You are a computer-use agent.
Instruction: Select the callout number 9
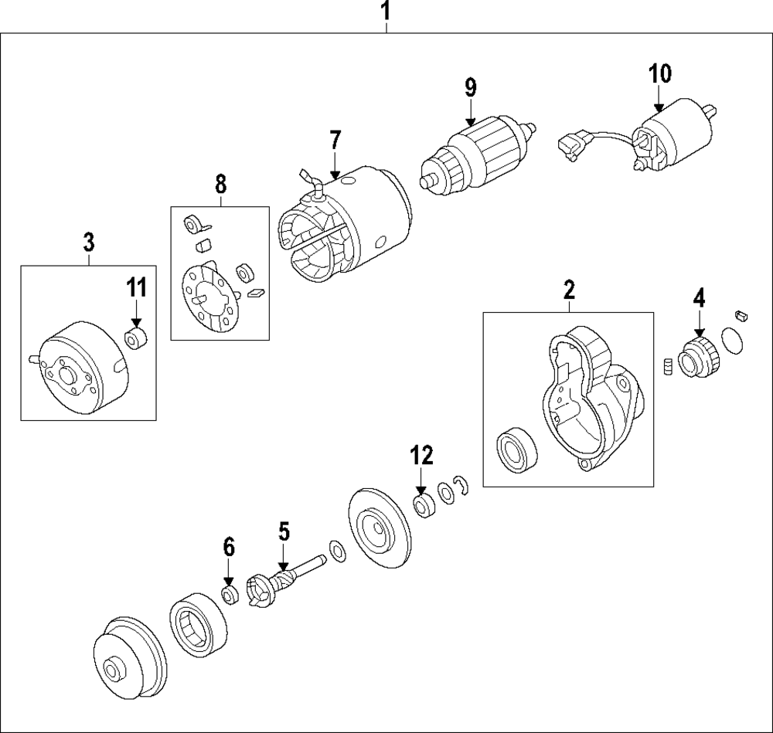pos(471,87)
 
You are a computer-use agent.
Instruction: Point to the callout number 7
pos(335,141)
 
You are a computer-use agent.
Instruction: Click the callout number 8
pos(220,184)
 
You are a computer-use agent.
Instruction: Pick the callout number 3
pos(89,243)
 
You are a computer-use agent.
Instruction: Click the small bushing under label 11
pos(136,338)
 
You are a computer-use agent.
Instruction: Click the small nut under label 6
pos(229,595)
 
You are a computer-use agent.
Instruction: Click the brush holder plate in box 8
pos(208,299)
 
